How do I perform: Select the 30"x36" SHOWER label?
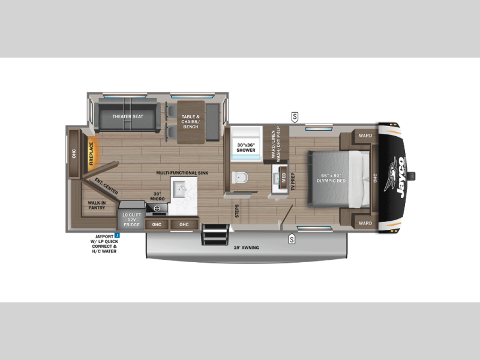[x=246, y=148]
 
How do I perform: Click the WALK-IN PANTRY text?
[x=96, y=206]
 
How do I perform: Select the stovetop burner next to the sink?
[x=160, y=209]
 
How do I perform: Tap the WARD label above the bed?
[x=365, y=136]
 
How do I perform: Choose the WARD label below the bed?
[x=365, y=223]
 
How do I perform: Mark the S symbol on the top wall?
[x=295, y=116]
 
